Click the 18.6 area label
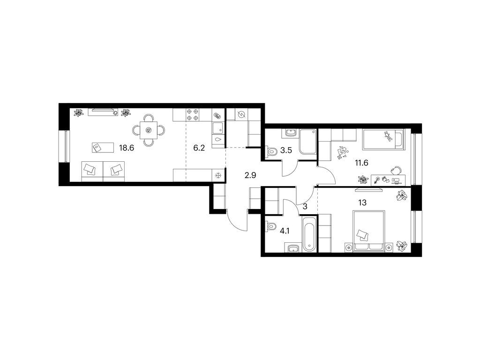[127, 149]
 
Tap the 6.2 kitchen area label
[199, 149]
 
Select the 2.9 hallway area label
[250, 175]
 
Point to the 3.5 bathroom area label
[286, 151]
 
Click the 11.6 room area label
[361, 163]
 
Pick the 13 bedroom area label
[362, 202]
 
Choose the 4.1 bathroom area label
[285, 231]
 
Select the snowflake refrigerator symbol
[218, 175]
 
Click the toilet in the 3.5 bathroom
[270, 151]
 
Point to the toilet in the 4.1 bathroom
[270, 227]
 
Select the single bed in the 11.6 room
[383, 139]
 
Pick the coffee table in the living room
[101, 148]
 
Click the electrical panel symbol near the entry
[241, 114]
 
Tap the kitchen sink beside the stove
[217, 128]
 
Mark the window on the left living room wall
[65, 146]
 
